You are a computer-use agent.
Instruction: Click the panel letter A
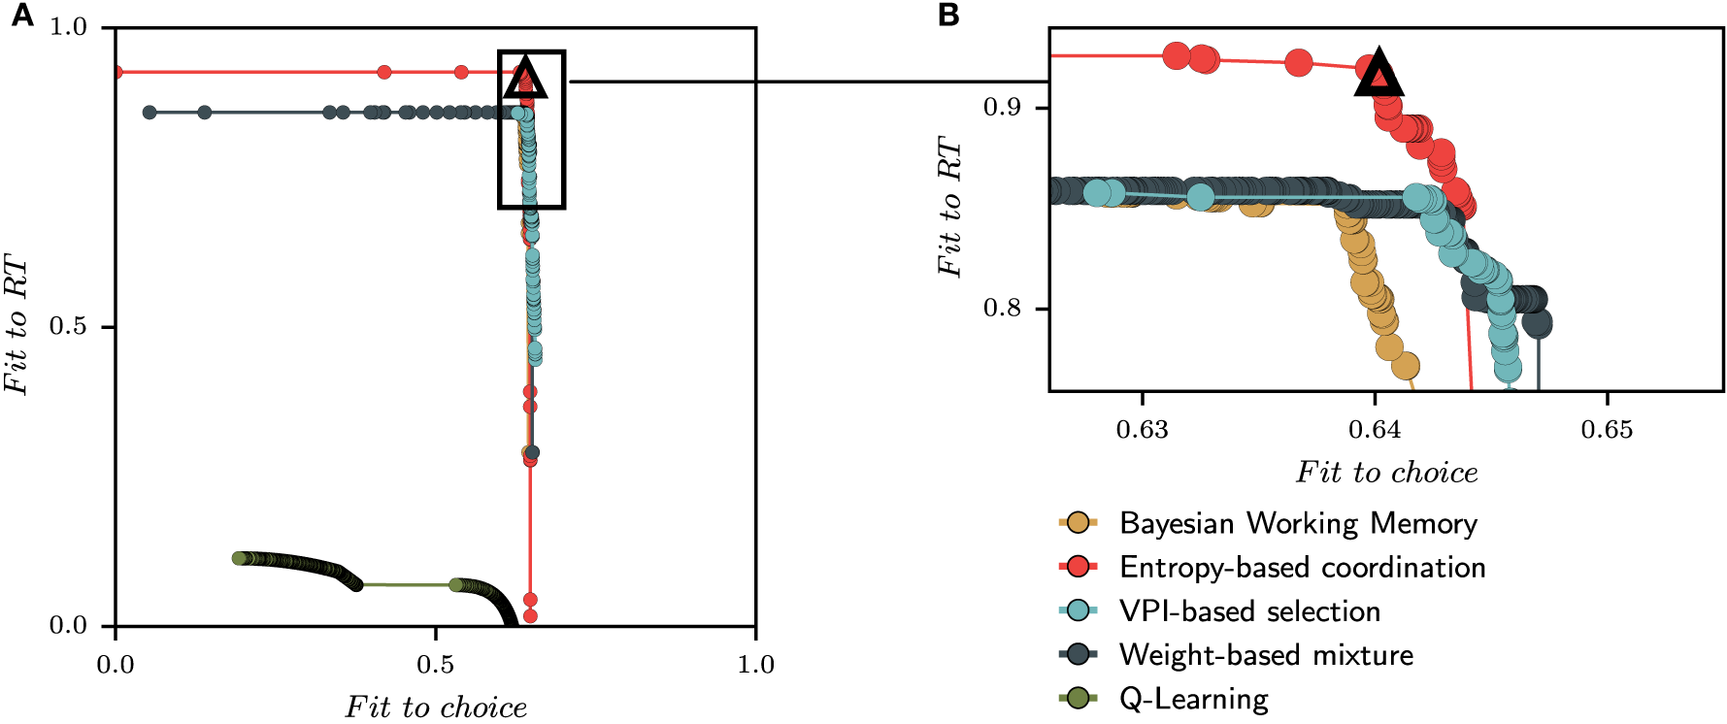(21, 16)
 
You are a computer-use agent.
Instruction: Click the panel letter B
(947, 16)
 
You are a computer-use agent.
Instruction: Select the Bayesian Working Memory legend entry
(1297, 523)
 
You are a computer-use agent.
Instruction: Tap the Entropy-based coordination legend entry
(1301, 567)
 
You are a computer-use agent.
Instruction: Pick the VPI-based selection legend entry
(1248, 611)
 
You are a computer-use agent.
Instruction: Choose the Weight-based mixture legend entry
(1265, 655)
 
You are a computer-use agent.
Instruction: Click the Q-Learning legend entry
(1193, 699)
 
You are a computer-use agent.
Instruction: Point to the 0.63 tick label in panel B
(1142, 429)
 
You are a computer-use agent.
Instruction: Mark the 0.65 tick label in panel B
(1607, 429)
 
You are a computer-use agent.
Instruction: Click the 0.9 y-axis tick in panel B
(1003, 107)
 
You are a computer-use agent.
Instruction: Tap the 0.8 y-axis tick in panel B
(1003, 309)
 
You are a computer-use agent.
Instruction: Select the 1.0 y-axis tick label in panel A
(69, 27)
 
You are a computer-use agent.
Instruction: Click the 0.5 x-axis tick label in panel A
(435, 665)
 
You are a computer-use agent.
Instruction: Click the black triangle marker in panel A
(525, 80)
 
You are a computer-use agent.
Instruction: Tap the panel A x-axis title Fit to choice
(436, 707)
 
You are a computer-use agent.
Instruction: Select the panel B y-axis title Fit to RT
(949, 207)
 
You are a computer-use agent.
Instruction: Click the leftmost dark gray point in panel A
(149, 113)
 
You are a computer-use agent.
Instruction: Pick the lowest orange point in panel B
(1405, 366)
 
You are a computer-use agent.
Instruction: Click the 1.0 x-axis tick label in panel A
(755, 665)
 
